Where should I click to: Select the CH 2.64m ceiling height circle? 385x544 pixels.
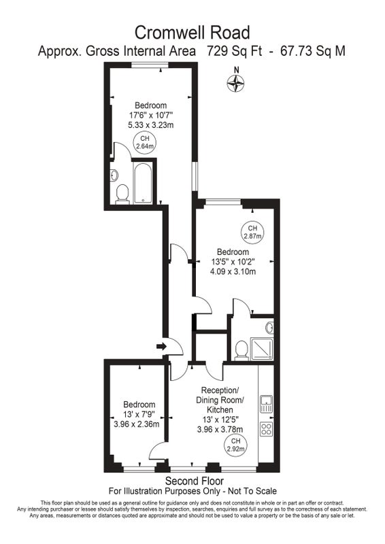tap(145, 143)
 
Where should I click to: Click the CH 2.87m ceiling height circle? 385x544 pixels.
tap(252, 232)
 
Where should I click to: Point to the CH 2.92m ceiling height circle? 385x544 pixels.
tap(236, 445)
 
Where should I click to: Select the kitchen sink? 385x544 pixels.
tap(266, 404)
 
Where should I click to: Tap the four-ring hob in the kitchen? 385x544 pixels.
tap(266, 428)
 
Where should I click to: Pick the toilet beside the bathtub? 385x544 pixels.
tap(122, 193)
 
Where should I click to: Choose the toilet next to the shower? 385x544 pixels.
tap(241, 350)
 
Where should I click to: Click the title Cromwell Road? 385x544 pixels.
tap(192, 33)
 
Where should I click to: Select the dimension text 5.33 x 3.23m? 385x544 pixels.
tap(151, 124)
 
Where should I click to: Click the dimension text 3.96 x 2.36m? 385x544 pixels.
tap(137, 424)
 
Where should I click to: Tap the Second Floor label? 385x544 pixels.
tap(195, 481)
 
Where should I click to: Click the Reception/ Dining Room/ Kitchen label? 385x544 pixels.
tap(220, 399)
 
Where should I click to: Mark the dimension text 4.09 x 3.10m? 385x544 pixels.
tap(233, 271)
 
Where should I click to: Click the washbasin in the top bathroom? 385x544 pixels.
tap(114, 175)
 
